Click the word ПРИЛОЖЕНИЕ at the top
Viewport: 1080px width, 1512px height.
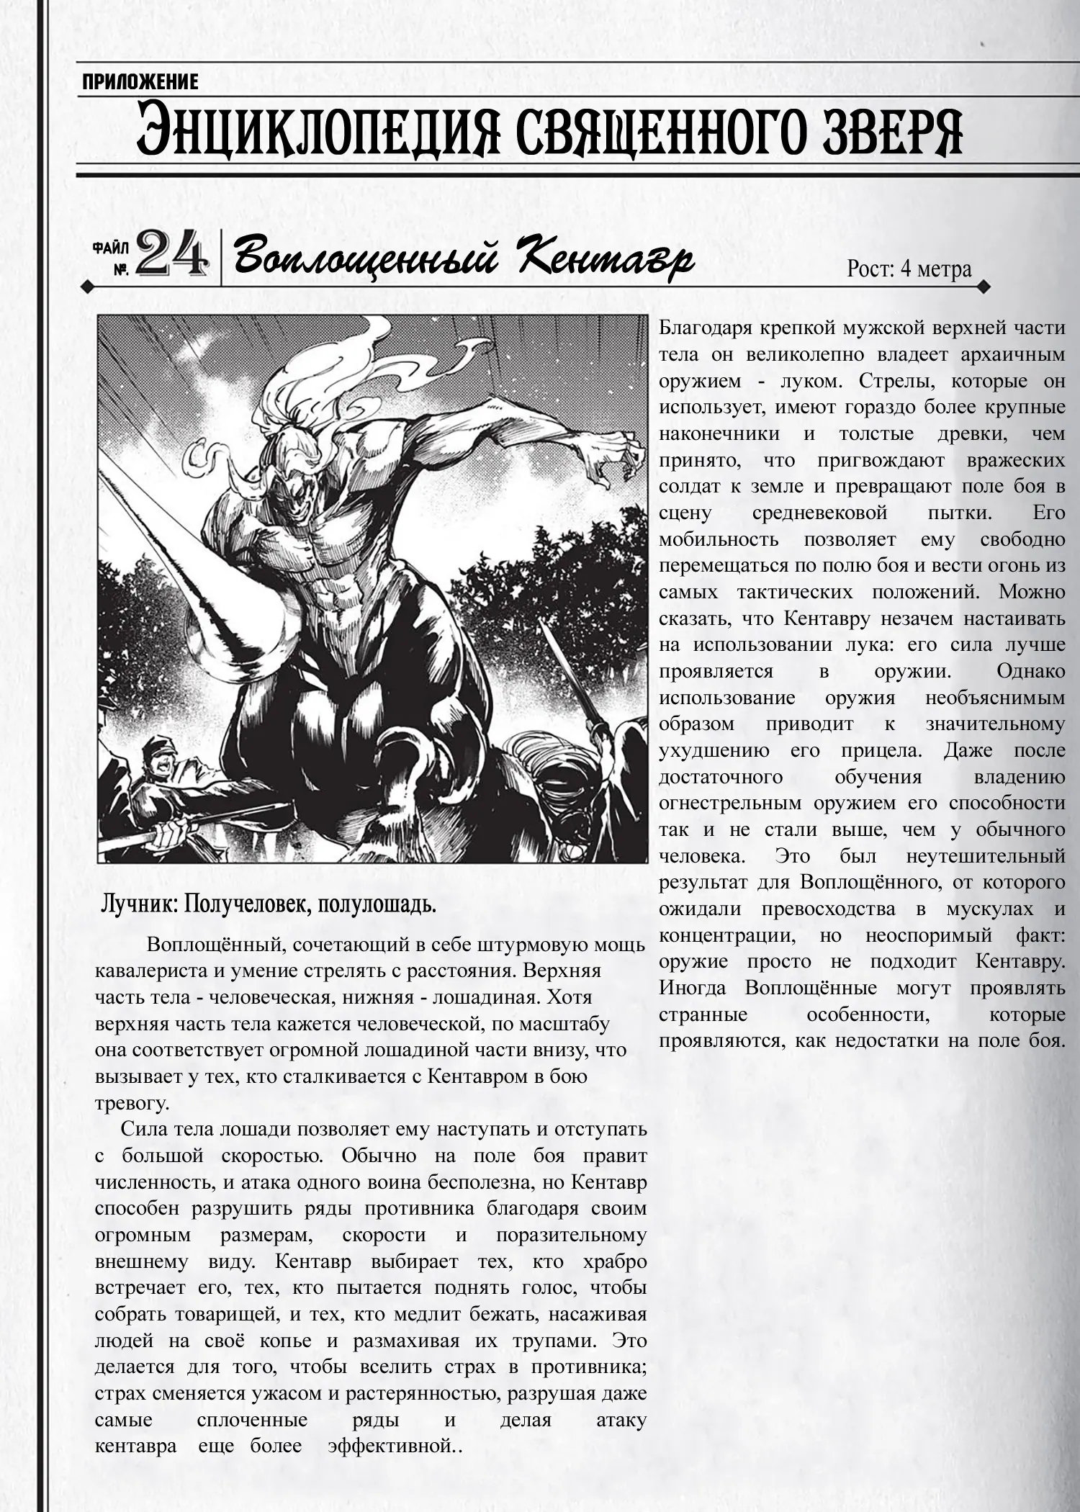click(x=140, y=82)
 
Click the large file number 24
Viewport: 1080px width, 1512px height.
click(x=171, y=256)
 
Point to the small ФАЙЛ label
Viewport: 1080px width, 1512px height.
click(x=112, y=248)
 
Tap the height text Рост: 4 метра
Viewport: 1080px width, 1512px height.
click(x=909, y=269)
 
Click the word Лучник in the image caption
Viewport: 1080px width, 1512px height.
click(x=138, y=904)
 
